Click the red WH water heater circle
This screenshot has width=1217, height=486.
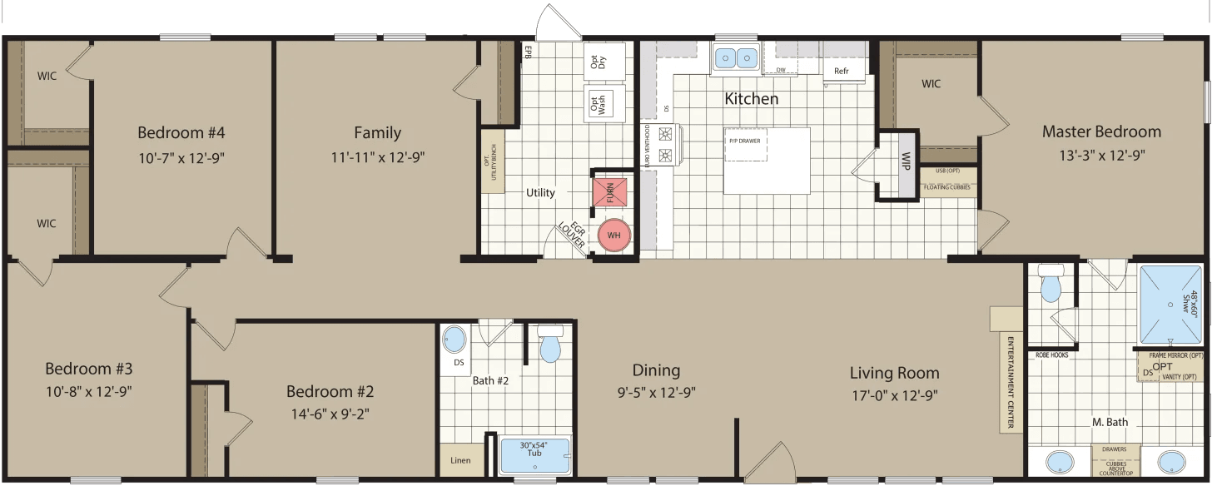(x=614, y=236)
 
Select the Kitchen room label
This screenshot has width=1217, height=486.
(x=751, y=99)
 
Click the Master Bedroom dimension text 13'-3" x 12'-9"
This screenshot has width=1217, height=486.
(x=1100, y=156)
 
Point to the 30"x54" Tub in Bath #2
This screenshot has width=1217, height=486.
(x=534, y=455)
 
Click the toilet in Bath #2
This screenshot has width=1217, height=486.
(x=550, y=345)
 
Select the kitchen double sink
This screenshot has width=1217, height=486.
(x=735, y=58)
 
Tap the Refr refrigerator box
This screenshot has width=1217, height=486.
(x=842, y=71)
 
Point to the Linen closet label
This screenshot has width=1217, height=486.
(x=460, y=460)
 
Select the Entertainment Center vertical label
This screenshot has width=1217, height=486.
(x=1011, y=384)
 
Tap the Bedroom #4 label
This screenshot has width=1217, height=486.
(x=181, y=132)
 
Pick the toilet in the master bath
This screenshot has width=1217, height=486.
(x=1051, y=285)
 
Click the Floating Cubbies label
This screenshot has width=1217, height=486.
(x=948, y=187)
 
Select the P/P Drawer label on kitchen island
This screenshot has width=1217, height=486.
(x=745, y=141)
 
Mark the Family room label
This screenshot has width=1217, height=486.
(x=377, y=132)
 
